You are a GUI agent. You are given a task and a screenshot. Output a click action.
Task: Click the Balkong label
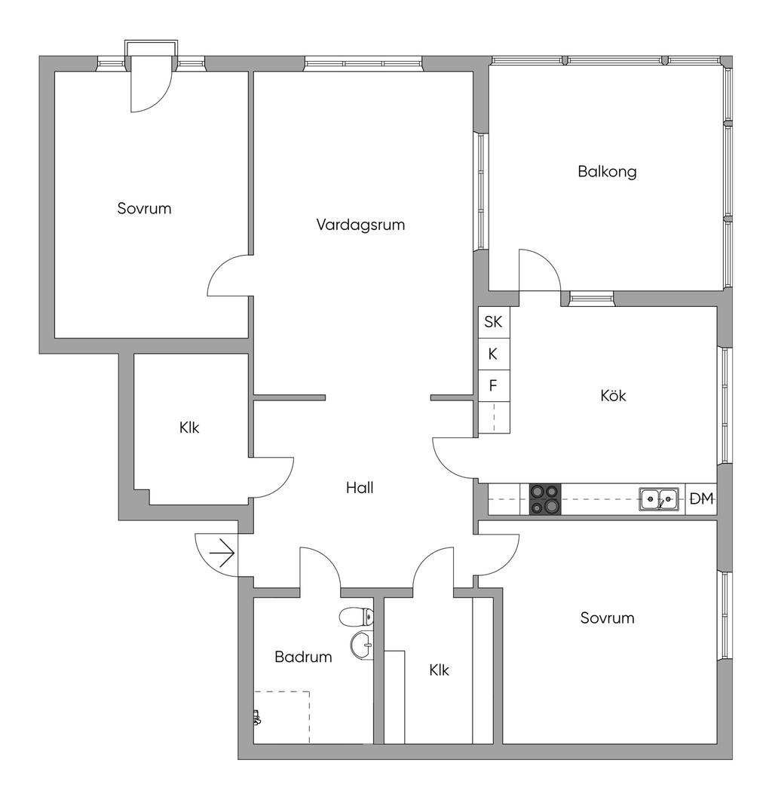[607, 171]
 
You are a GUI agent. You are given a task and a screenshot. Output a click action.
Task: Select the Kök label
[613, 395]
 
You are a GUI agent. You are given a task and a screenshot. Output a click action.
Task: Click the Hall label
[360, 488]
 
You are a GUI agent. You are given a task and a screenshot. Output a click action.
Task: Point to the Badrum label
[303, 657]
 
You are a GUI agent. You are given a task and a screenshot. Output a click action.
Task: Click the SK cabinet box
[493, 322]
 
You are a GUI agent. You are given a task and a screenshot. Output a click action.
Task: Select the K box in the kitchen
[493, 354]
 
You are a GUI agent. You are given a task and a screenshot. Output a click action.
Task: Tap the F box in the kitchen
[493, 386]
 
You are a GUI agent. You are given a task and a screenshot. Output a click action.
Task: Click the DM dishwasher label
[701, 498]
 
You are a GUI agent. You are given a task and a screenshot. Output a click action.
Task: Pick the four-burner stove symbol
[545, 499]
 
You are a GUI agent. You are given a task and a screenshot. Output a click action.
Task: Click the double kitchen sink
[659, 499]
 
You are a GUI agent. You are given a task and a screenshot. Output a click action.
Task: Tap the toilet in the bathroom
[357, 618]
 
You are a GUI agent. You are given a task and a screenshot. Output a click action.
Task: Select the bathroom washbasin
[363, 645]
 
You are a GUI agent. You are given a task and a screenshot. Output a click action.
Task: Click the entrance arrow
[222, 555]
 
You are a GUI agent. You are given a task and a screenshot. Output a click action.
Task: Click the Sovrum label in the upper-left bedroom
[144, 208]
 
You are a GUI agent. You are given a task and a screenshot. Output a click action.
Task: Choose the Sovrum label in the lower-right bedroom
[607, 618]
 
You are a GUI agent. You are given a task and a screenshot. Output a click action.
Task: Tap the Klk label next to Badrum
[439, 670]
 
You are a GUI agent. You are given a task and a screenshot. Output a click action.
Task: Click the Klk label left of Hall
[189, 428]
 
